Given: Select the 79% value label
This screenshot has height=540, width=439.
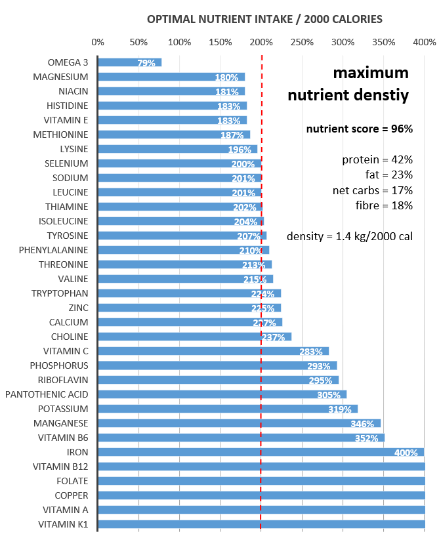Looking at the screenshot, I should (146, 63).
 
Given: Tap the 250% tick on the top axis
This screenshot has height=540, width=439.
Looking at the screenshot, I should (302, 42).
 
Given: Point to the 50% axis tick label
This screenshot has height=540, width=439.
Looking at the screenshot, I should (138, 42).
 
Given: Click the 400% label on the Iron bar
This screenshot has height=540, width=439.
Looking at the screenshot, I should (406, 453).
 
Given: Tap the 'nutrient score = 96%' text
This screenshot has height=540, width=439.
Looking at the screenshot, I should (360, 129).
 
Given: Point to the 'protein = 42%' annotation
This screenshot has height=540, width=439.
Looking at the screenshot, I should (377, 159).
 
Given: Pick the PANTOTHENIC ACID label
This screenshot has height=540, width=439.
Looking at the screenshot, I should (47, 394).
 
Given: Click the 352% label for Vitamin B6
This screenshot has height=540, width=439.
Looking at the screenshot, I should (367, 438).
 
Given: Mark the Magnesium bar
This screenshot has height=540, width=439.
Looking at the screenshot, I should (171, 77).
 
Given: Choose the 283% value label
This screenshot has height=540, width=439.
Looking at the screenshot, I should (311, 352).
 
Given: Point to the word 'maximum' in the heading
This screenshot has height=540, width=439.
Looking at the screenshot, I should (371, 72).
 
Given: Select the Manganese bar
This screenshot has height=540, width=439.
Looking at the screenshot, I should (239, 423).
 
